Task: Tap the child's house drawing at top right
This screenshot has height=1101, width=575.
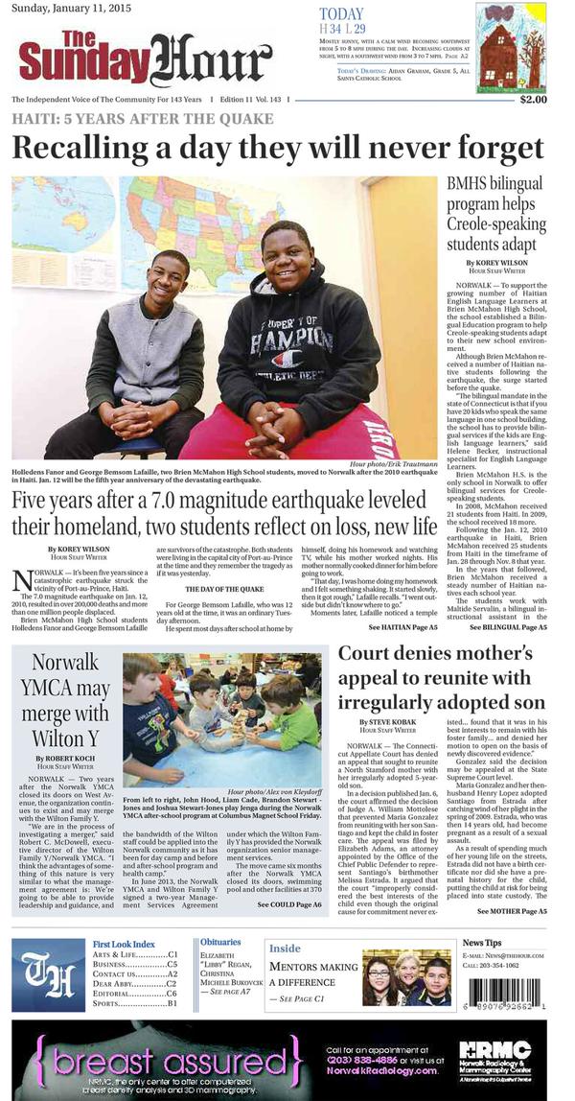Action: pos(511,47)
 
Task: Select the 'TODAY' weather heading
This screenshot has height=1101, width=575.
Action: pos(341,14)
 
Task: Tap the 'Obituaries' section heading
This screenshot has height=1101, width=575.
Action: pos(221,943)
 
